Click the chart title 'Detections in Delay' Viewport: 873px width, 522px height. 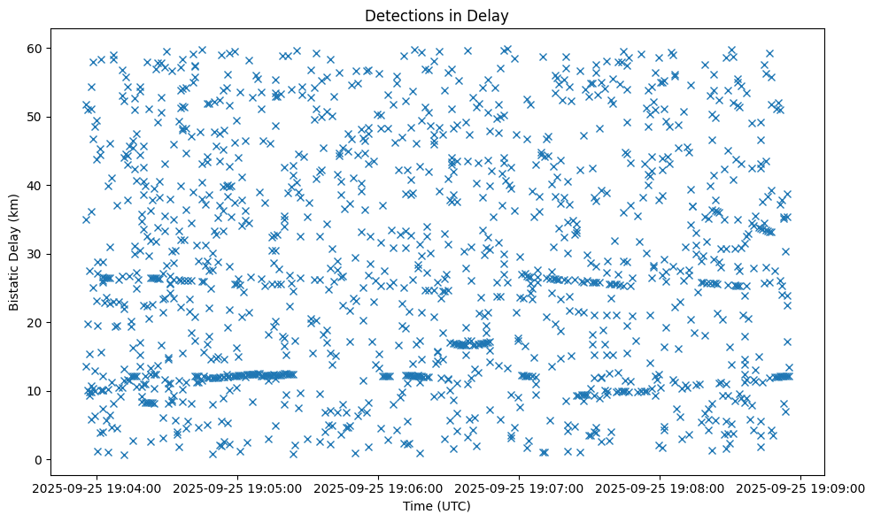point(436,15)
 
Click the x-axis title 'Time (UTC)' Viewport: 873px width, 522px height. point(436,506)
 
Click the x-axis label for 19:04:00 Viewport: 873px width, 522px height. point(97,487)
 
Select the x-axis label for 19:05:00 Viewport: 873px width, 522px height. point(238,487)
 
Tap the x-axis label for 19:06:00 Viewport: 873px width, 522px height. point(379,487)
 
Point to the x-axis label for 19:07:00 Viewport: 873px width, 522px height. point(520,487)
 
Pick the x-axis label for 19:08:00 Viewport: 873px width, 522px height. point(661,487)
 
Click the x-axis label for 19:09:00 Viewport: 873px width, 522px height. point(801,487)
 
